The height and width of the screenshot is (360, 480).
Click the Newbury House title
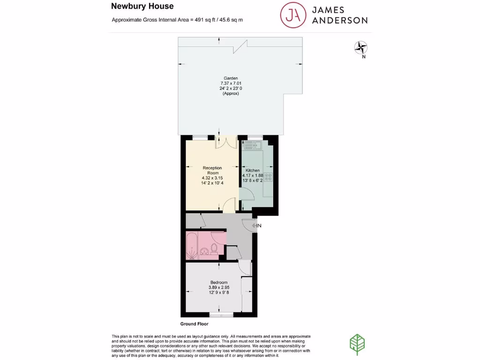(x=142, y=6)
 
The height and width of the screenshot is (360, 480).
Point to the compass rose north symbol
(x=360, y=47)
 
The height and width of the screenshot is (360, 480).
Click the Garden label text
(x=231, y=78)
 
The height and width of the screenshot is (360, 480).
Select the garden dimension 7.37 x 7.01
(x=231, y=83)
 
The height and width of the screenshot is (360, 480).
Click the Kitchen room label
(x=253, y=170)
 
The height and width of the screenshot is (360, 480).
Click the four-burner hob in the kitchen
(x=268, y=177)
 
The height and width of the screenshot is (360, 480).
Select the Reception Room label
(x=212, y=170)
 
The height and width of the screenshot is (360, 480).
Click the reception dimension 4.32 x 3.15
(x=212, y=178)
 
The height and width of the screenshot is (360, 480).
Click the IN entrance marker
(x=256, y=226)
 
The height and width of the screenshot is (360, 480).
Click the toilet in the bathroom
(x=214, y=248)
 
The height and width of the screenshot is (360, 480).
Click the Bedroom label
(x=219, y=282)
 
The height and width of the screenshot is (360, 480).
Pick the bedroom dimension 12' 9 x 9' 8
(x=219, y=293)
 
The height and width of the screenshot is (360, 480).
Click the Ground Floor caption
(x=194, y=324)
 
